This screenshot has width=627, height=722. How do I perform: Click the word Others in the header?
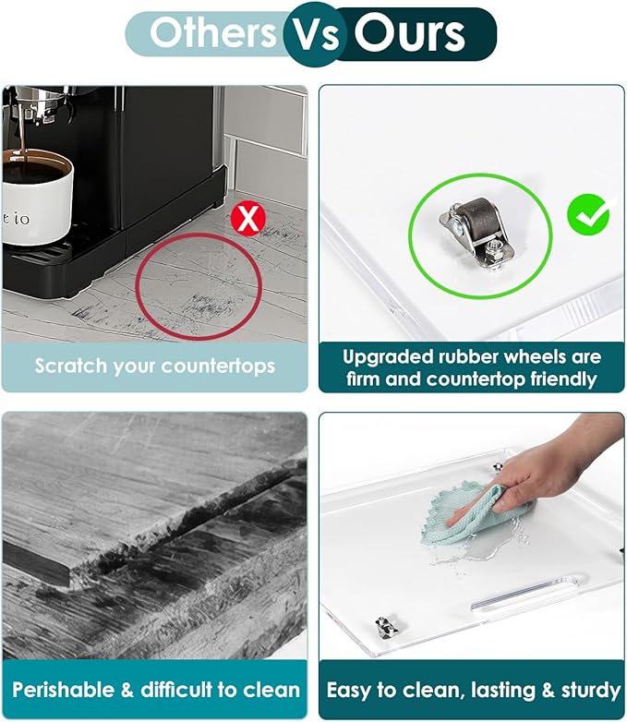212,32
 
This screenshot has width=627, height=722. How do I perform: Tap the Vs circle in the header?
312,33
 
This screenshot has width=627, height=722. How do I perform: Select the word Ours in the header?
410,33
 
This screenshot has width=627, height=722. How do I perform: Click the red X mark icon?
248,219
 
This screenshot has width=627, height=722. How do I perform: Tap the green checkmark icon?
588,215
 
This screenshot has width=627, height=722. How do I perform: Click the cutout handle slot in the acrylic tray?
525,595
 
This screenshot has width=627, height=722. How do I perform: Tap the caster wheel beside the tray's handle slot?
387,627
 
